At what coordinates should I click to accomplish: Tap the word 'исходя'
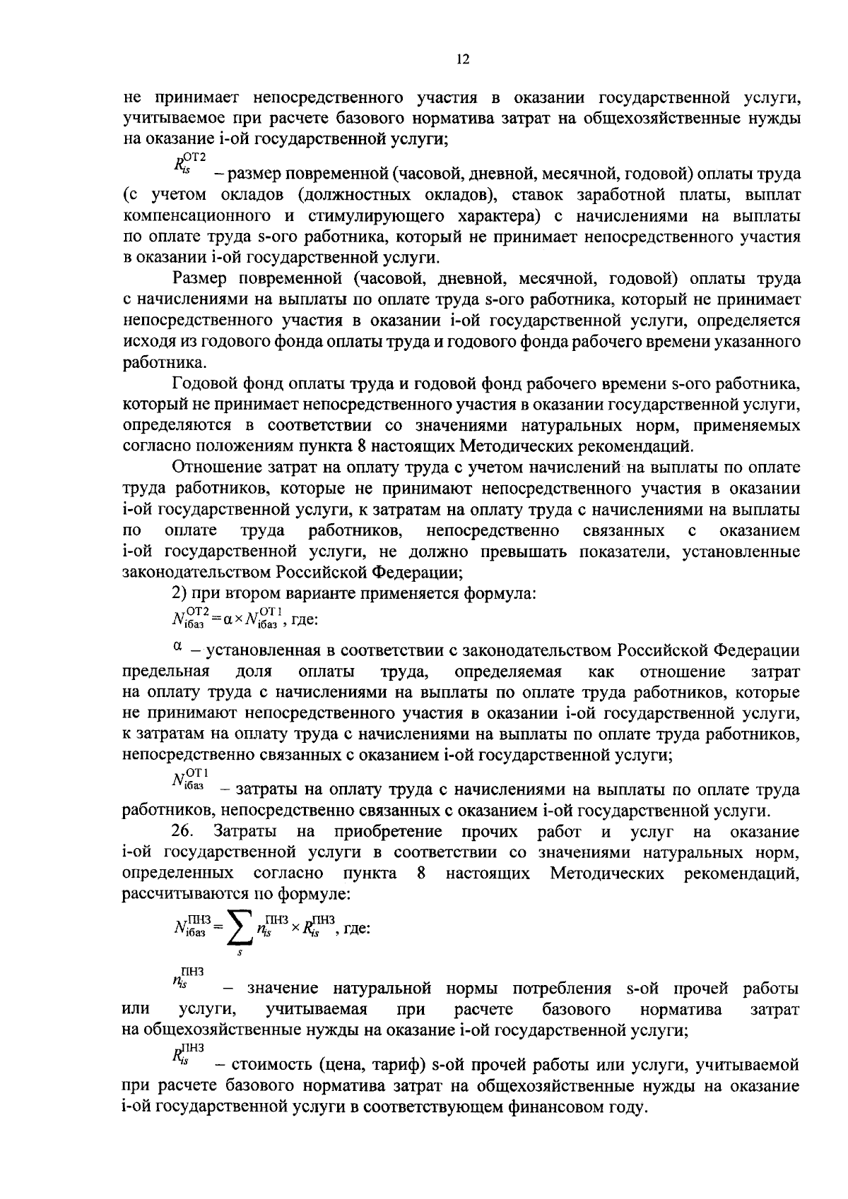pos(145,342)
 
